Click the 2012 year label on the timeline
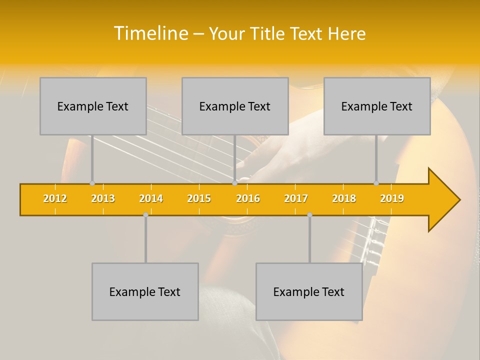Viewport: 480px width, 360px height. click(55, 198)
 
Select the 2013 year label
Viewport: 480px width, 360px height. click(103, 198)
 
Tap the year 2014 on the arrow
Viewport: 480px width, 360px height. click(151, 198)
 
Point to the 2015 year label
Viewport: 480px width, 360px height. click(199, 198)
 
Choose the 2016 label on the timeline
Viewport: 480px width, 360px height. click(248, 198)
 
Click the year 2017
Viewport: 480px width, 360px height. click(296, 198)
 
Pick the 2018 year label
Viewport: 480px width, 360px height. click(344, 198)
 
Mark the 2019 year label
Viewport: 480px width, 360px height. click(392, 198)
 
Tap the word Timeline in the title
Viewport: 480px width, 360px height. click(150, 33)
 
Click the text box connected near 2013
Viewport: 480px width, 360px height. click(93, 106)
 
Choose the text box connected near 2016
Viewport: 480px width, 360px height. click(235, 106)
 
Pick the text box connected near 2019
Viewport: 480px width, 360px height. click(377, 106)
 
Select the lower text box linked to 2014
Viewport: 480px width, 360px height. click(145, 291)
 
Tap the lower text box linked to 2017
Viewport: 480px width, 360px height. click(309, 291)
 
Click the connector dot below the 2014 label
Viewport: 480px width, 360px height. click(145, 214)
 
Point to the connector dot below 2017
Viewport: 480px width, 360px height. click(309, 214)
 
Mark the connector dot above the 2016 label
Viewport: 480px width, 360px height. click(234, 183)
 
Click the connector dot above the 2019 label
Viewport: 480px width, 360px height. click(376, 183)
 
